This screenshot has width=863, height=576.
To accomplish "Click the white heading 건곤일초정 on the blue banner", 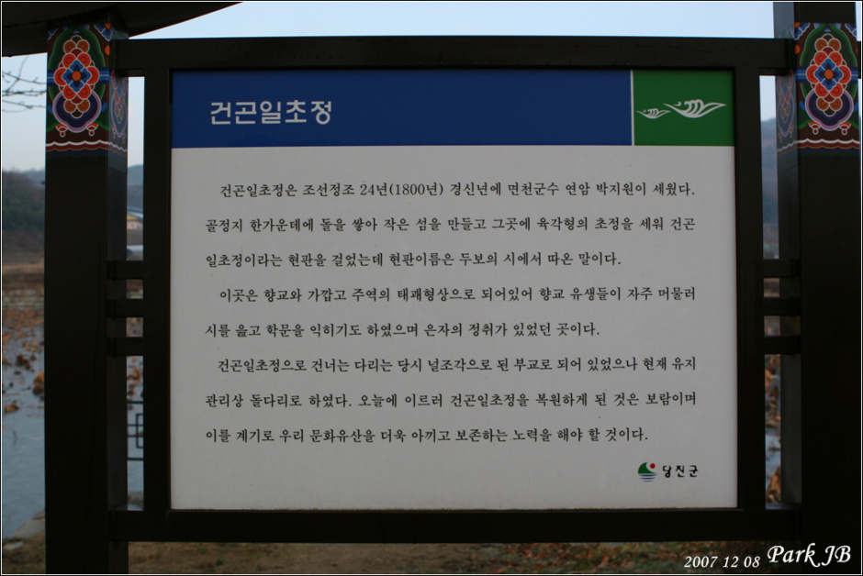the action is tap(271, 112).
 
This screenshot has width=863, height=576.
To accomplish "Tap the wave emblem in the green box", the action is tap(681, 109).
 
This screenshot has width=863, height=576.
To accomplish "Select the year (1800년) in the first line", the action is tap(416, 190).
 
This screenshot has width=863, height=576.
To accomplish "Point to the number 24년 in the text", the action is tap(374, 190).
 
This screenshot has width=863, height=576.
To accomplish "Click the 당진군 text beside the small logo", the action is tap(680, 471).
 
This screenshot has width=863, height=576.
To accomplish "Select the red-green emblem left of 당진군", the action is tap(648, 471).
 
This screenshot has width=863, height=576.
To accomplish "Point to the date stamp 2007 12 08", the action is tap(722, 561).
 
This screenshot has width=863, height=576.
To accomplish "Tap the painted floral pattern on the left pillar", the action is tap(81, 88).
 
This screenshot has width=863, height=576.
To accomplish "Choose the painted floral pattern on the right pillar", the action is tap(821, 87).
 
